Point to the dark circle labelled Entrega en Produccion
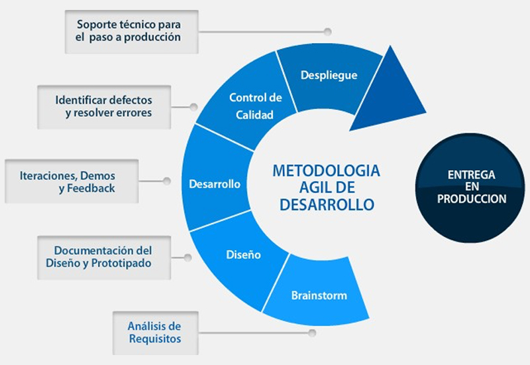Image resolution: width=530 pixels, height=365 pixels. [x=470, y=188]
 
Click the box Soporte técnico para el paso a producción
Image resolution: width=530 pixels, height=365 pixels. [x=131, y=32]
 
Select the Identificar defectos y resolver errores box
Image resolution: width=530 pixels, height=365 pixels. [x=104, y=107]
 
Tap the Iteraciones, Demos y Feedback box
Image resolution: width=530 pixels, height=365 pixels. [x=72, y=181]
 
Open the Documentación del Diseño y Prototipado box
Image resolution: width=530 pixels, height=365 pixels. [x=104, y=257]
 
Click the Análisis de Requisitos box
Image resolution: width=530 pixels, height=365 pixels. [x=156, y=333]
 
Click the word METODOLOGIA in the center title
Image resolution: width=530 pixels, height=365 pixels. [x=326, y=171]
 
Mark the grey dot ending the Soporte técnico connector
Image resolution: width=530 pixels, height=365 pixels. [x=327, y=32]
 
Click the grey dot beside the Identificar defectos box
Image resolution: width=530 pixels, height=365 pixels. [x=193, y=107]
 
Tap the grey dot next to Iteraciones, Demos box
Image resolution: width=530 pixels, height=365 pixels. [x=167, y=181]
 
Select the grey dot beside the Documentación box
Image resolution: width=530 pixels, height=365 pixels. [x=188, y=257]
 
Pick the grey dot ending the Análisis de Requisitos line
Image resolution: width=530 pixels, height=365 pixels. [x=312, y=333]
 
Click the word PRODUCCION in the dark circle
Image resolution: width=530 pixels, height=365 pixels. [x=472, y=198]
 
